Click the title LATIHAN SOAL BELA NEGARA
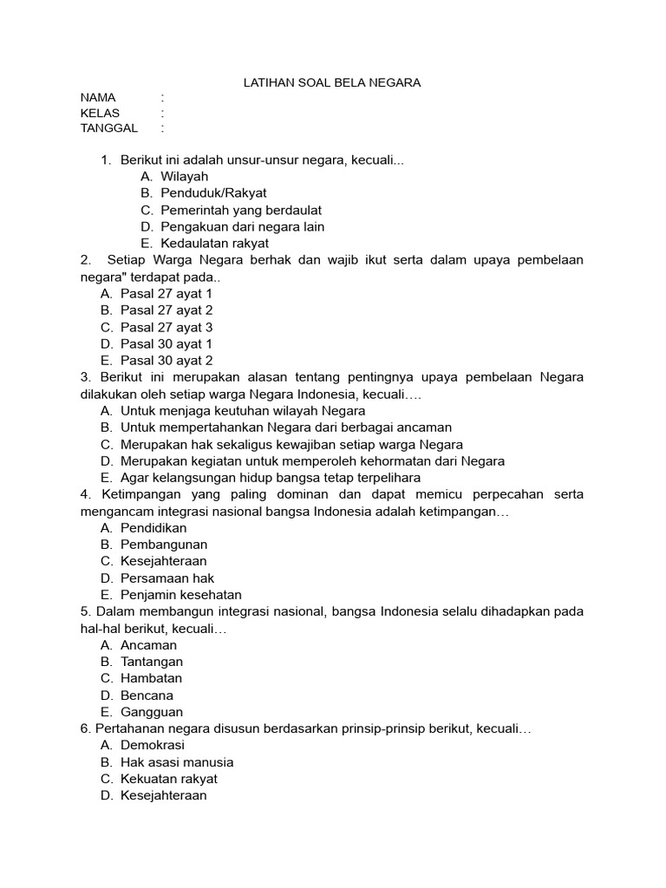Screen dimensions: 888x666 (330, 82)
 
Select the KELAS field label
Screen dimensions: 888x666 (101, 113)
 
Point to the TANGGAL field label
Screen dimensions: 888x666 (109, 128)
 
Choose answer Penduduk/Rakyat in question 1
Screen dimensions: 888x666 (213, 193)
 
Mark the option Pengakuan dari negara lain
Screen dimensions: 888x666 (242, 227)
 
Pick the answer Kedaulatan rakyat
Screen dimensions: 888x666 (214, 244)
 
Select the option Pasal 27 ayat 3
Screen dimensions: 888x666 (166, 328)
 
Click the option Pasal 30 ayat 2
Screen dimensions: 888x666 (166, 361)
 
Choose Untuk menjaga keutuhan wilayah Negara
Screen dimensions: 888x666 (243, 411)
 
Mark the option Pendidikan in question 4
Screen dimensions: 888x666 (153, 528)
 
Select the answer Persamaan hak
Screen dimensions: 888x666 (167, 578)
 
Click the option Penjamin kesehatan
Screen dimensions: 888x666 (180, 595)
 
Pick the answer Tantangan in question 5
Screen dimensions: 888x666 (152, 662)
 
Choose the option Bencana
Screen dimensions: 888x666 (147, 695)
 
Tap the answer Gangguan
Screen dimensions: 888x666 (152, 712)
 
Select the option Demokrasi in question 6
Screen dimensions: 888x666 (153, 746)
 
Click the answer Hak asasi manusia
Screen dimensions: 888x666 (177, 762)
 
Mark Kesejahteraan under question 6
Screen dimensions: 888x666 (163, 795)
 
